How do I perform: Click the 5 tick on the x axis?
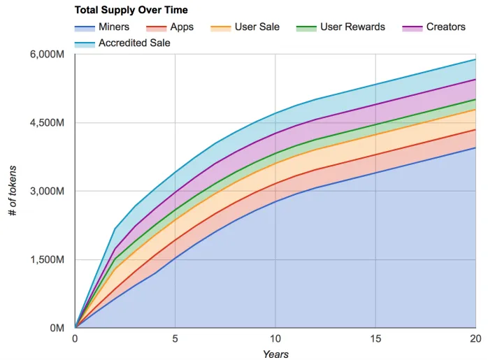tap(175, 339)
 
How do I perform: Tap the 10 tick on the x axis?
tap(275, 339)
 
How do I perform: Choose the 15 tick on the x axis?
tap(375, 339)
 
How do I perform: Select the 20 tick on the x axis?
tap(475, 339)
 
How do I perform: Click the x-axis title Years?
tap(275, 354)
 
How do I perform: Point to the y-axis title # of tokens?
tap(13, 191)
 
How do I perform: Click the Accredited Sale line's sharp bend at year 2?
tap(115, 229)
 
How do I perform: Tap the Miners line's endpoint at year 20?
tap(475, 147)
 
